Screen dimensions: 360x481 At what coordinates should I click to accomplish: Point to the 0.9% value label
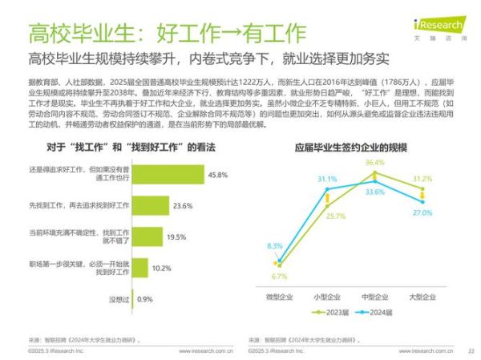coord(145,298)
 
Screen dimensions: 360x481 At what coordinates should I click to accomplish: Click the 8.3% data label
coord(275,245)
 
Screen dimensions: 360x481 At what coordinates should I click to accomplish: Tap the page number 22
coord(471,350)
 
